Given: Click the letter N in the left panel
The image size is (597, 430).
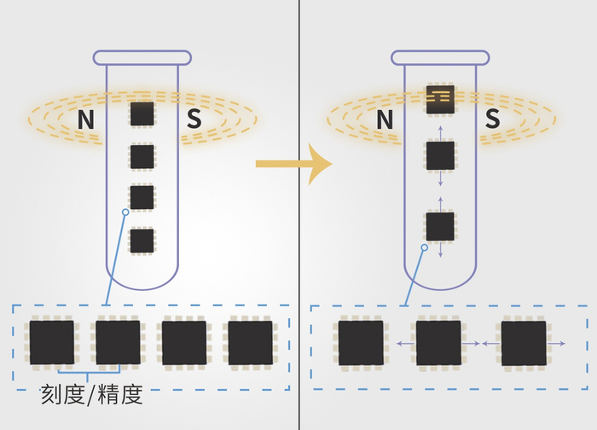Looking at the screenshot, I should (x=85, y=120).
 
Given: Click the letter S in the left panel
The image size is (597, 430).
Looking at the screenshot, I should (x=194, y=120).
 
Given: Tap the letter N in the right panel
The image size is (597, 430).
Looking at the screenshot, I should (x=385, y=120).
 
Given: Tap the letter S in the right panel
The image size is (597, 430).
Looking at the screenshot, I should (x=492, y=120).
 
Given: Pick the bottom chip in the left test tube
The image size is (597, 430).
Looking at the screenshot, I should (x=142, y=241).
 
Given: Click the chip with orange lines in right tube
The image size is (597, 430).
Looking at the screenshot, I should (x=440, y=99).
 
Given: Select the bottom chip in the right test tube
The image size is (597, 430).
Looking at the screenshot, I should (x=440, y=227).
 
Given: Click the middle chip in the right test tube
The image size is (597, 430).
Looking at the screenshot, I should (x=440, y=156).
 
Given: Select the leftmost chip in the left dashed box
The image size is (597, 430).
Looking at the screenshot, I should (x=51, y=343).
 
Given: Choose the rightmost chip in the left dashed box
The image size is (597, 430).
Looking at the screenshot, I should (x=250, y=343).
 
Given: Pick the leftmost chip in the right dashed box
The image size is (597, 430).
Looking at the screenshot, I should (x=361, y=343).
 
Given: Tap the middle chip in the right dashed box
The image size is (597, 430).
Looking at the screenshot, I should (x=438, y=343).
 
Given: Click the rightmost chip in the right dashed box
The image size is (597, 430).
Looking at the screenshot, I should (x=524, y=343).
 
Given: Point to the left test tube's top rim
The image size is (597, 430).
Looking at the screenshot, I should (x=142, y=58).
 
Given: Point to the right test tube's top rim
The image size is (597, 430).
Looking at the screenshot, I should (x=440, y=58).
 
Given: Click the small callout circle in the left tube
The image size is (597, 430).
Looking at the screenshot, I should (x=125, y=212).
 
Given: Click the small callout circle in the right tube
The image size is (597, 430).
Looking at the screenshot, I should (x=424, y=248).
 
